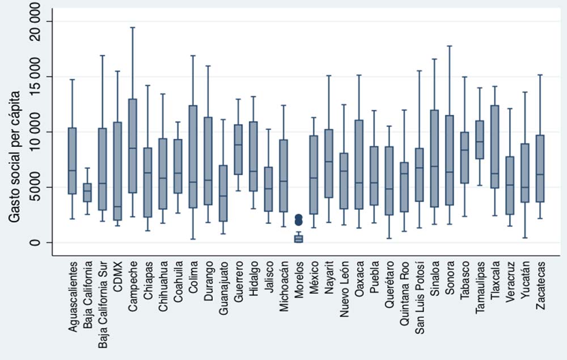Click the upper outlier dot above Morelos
tap(298, 217)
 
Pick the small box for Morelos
tap(298, 239)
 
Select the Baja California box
tap(87, 192)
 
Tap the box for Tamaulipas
tap(479, 139)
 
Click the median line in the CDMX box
tap(117, 207)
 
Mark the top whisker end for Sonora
tap(449, 46)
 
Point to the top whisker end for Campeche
tap(132, 27)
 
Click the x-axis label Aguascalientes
tap(73, 295)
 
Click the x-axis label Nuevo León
tap(344, 290)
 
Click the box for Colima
tap(193, 156)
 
